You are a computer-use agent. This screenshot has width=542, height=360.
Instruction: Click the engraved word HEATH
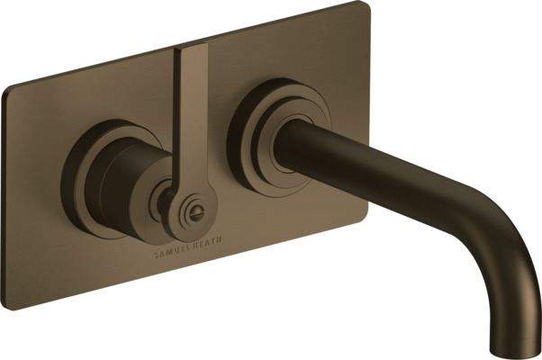(x=206, y=243)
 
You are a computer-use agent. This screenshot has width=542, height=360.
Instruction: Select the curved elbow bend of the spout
(x=498, y=242)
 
